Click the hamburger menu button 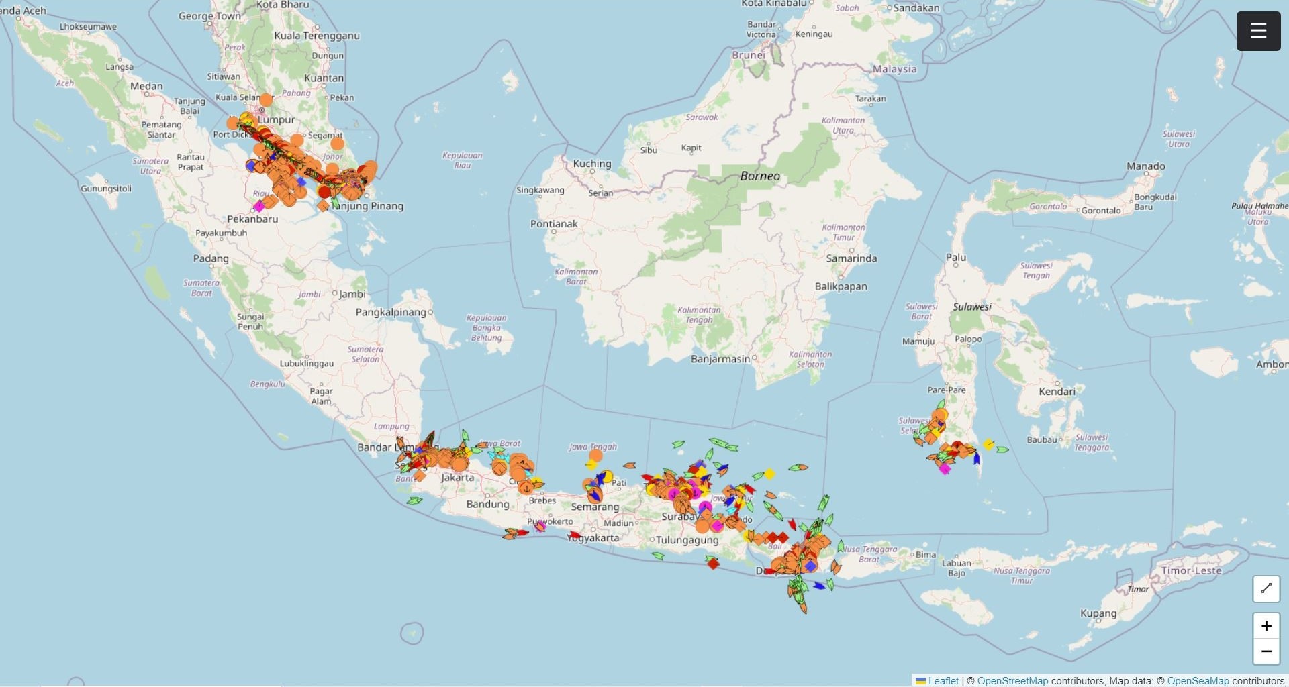click(x=1258, y=31)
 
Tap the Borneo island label click(x=759, y=176)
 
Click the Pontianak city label click(x=554, y=224)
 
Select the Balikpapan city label click(x=841, y=286)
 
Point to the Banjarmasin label click(x=720, y=359)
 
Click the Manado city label click(x=1145, y=166)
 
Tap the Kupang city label click(x=1098, y=613)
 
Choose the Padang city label click(x=211, y=258)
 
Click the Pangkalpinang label click(x=391, y=312)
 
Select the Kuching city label click(x=591, y=164)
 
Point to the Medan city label click(x=146, y=86)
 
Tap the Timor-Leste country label click(x=1191, y=571)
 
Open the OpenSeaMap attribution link click(x=1198, y=680)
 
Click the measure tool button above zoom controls click(x=1266, y=588)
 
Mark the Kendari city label click(x=1056, y=391)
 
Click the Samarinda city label click(x=851, y=258)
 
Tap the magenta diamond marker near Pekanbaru click(x=259, y=207)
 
